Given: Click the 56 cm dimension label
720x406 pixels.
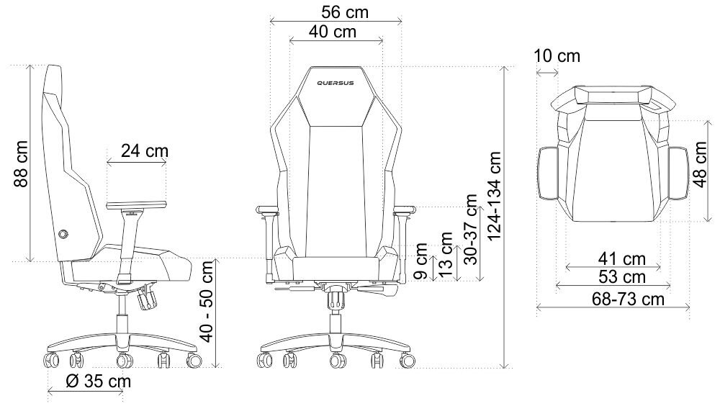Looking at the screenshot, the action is point(345,12).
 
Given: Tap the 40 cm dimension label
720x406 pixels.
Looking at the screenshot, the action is point(333,32).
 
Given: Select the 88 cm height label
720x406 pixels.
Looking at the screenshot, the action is point(21,164).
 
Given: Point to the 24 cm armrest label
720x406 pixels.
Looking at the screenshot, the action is point(145,150).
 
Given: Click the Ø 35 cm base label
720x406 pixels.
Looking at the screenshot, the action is point(98,382).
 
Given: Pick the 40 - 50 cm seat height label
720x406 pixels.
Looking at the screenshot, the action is point(207,302).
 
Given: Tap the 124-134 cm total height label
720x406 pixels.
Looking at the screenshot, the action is point(494,196).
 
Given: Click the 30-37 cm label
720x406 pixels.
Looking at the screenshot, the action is point(471,229).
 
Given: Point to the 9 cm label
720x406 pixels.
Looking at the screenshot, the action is point(420,261).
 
